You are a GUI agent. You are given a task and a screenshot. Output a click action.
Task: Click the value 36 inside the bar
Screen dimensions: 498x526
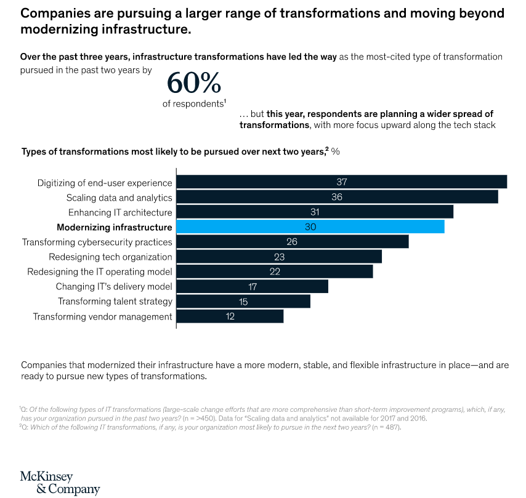(336, 198)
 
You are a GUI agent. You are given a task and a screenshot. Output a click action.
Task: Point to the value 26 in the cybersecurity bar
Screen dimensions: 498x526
(292, 242)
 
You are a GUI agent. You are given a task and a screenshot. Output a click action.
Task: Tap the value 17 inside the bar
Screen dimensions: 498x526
(251, 287)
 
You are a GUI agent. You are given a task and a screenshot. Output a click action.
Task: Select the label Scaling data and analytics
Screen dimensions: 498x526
(119, 198)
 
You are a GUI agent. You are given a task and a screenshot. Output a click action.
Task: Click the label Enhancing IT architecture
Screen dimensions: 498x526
(120, 212)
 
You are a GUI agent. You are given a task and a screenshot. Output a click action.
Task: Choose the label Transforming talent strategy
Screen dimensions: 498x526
(115, 302)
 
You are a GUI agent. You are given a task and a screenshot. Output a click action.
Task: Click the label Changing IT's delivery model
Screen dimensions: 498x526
(114, 287)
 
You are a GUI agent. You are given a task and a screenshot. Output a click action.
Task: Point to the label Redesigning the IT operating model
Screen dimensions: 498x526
(100, 272)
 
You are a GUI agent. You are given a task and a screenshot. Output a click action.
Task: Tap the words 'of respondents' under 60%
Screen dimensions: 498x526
(191, 103)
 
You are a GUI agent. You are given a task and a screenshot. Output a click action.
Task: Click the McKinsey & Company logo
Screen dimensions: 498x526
(60, 483)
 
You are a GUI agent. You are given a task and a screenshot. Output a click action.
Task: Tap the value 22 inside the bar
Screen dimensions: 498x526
(275, 272)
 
